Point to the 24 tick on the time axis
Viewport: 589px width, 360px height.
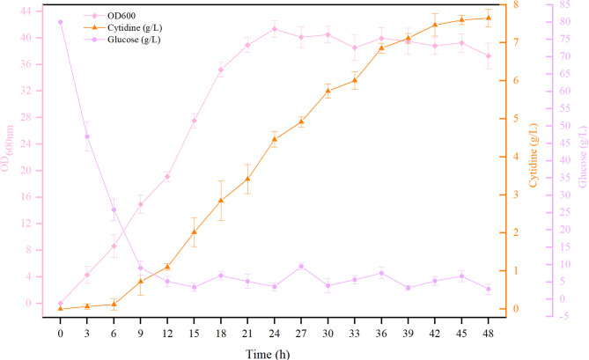pos(274,334)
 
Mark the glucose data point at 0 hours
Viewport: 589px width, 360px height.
pos(60,22)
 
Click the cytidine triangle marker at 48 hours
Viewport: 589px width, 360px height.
pos(488,18)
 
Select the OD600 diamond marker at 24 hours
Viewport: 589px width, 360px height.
pos(274,28)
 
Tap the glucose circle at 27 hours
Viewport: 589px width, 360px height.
pos(301,266)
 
